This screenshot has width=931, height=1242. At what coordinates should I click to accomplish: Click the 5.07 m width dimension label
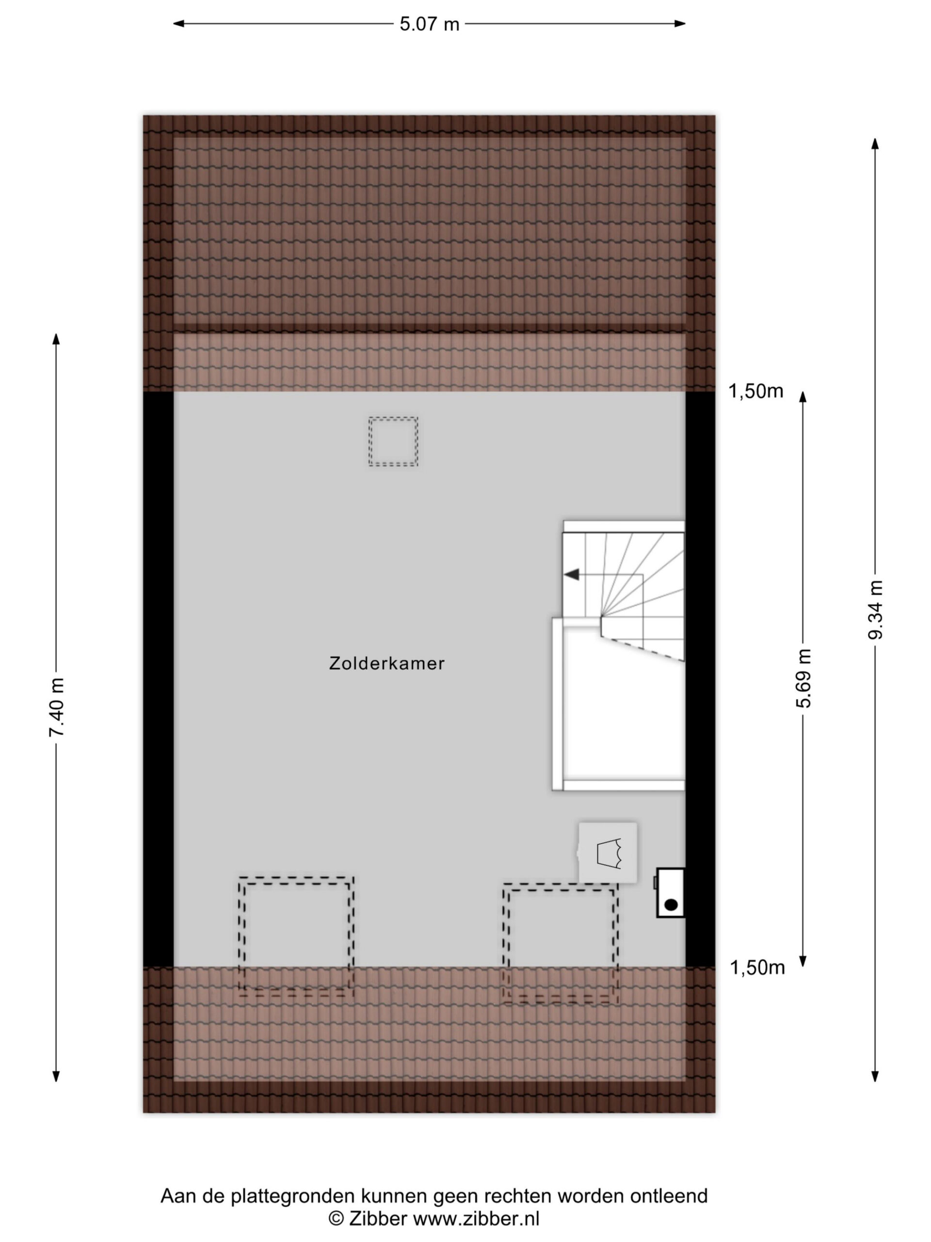pos(429,24)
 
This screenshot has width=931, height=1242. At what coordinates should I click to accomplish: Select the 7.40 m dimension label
pos(57,707)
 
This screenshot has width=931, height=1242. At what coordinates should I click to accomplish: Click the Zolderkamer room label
pos(386,663)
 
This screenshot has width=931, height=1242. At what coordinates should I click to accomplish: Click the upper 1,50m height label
pos(755,391)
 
